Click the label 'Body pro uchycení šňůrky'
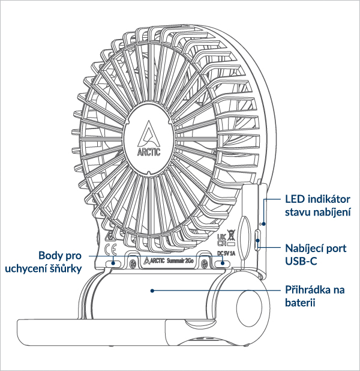(43, 261)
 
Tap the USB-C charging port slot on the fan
(257, 240)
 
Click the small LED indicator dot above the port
(262, 223)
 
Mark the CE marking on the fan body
(110, 250)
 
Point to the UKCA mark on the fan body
(220, 239)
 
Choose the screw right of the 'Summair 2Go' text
(205, 262)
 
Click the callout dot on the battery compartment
(154, 289)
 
